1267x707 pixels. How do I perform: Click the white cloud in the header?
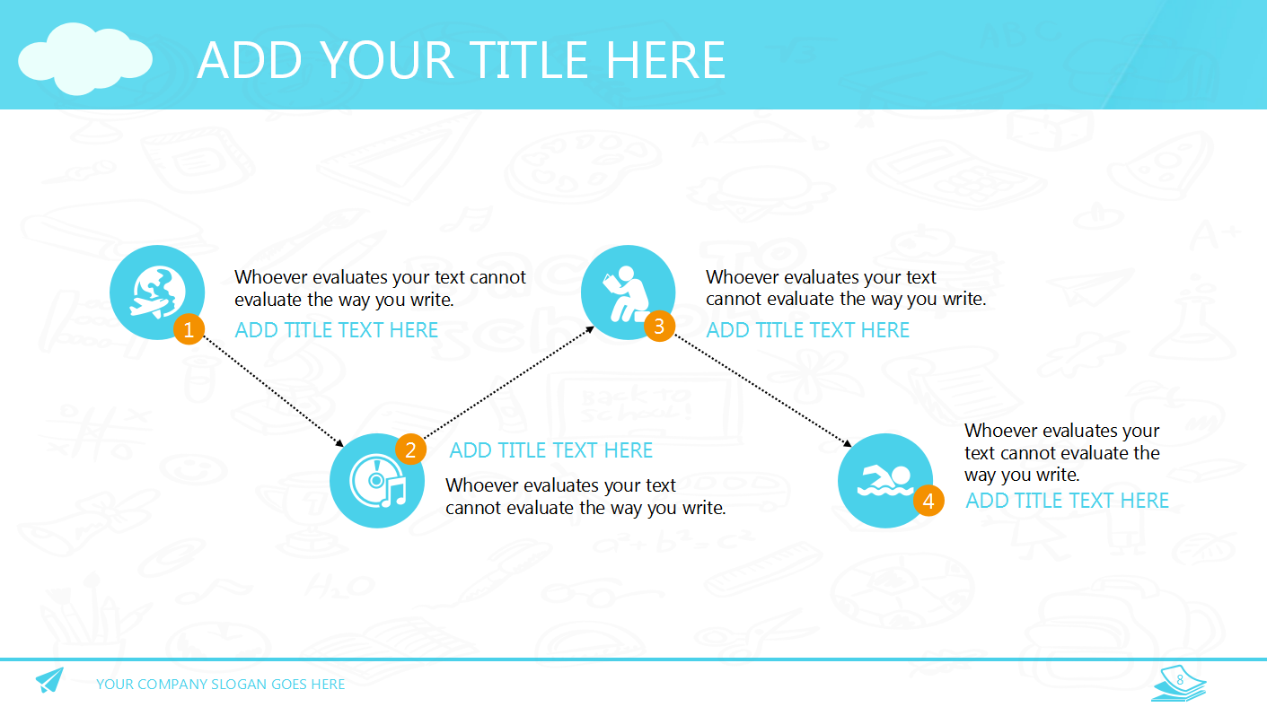(x=84, y=59)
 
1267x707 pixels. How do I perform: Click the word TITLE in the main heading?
(x=528, y=60)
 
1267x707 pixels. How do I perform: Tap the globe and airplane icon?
(x=158, y=292)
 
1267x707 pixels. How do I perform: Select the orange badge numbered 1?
(x=189, y=329)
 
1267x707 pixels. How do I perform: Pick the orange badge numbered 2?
(x=410, y=450)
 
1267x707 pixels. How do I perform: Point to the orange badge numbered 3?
(x=659, y=326)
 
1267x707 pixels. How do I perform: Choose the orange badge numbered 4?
(x=928, y=501)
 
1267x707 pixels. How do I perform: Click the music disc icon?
(x=377, y=481)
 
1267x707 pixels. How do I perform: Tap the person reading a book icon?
(x=627, y=293)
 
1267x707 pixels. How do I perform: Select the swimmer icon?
(x=885, y=481)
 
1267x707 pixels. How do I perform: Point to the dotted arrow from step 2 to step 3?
(x=509, y=382)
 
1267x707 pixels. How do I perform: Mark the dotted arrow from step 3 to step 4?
(x=763, y=390)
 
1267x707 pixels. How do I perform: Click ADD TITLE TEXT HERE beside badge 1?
(x=337, y=330)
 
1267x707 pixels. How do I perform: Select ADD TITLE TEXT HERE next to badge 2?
(x=551, y=450)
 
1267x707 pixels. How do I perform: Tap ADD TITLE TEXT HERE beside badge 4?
(x=1067, y=501)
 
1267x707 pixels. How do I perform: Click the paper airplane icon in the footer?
(x=49, y=679)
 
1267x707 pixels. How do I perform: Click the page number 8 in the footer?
(x=1180, y=679)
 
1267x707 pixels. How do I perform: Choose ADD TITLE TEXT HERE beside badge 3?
(x=808, y=330)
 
